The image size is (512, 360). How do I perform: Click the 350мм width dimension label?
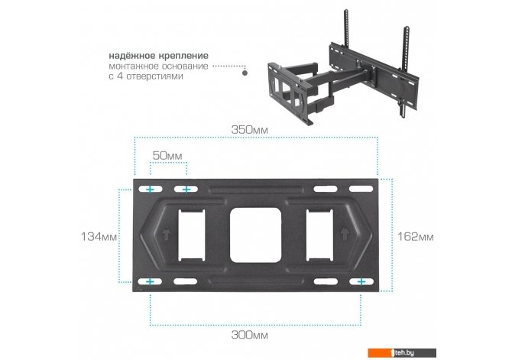(249, 130)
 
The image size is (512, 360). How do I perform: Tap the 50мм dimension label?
(167, 155)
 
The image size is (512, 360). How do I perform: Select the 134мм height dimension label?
(99, 236)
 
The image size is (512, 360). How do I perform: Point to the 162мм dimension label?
(416, 236)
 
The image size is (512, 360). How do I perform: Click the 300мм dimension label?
(249, 335)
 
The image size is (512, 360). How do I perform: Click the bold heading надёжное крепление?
(158, 56)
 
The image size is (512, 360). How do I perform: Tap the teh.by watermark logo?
(402, 352)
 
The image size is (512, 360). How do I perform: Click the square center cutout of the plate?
(255, 235)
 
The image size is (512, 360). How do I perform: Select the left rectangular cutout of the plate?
(191, 235)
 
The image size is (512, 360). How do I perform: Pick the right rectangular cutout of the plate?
(319, 235)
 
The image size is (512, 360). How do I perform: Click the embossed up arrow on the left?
(166, 233)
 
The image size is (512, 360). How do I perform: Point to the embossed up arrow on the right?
(345, 233)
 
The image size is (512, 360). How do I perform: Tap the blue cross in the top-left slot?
(150, 190)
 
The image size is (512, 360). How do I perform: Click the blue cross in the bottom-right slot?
(361, 281)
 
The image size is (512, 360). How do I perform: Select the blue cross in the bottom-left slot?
(150, 281)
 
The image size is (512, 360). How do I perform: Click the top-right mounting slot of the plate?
(361, 189)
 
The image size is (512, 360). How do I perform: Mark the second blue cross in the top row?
(186, 190)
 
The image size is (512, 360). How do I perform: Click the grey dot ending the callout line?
(245, 73)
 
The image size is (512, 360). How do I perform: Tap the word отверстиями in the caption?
(155, 76)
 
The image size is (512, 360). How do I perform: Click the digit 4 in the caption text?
(119, 76)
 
